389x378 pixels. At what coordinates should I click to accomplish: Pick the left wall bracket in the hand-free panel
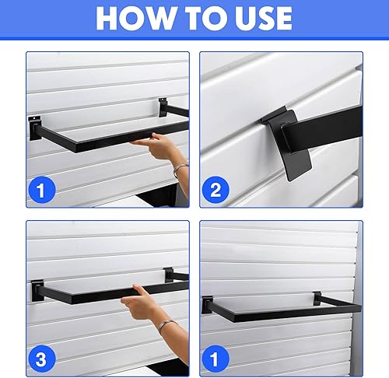pos(208,304)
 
